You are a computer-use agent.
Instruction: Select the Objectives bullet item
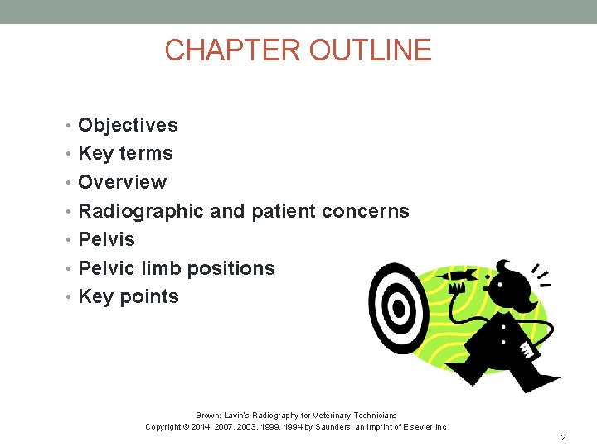[128, 125]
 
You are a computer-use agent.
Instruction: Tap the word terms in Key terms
[146, 154]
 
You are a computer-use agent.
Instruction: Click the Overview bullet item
[122, 182]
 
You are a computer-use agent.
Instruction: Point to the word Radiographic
[140, 211]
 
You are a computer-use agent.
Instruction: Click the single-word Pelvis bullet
[106, 239]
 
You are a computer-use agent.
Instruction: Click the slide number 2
[563, 436]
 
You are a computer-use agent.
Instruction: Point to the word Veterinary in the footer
[323, 415]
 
